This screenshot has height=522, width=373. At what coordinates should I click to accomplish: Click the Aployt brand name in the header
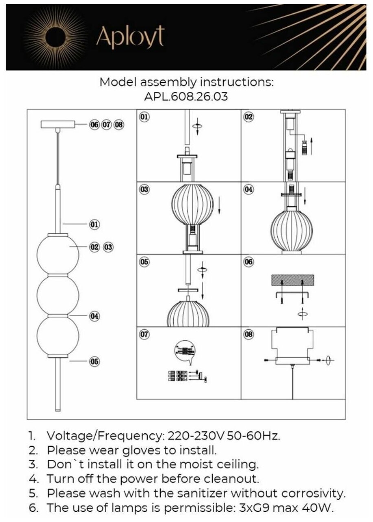tap(130, 38)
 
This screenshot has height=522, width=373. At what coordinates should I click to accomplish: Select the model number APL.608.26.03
tap(187, 97)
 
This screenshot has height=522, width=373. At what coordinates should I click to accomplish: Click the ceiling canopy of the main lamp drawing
tap(58, 124)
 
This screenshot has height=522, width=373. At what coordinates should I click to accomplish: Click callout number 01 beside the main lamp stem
tap(94, 224)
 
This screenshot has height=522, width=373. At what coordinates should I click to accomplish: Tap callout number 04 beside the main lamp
tap(94, 316)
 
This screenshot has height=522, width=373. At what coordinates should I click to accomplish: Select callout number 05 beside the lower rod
tap(94, 361)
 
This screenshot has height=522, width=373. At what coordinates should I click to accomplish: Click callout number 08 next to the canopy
tap(118, 125)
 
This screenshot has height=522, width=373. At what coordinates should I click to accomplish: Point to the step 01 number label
tap(144, 117)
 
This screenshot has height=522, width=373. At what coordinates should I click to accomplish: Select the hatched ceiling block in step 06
tap(293, 280)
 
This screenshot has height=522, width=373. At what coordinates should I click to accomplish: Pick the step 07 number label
tap(144, 334)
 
